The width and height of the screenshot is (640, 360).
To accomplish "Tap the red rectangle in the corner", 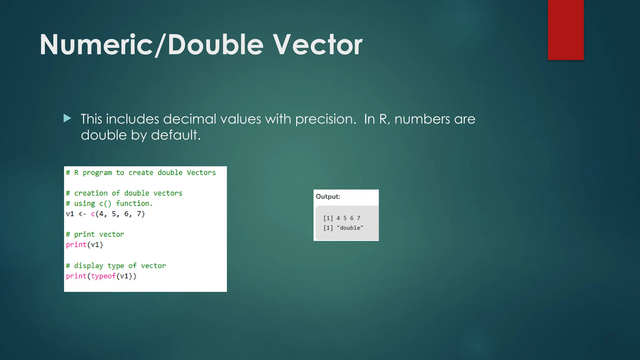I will (x=566, y=30).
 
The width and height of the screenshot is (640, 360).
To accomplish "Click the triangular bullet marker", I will (x=67, y=118).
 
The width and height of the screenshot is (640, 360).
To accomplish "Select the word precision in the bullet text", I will (x=325, y=119).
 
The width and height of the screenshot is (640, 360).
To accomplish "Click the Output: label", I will (x=328, y=197).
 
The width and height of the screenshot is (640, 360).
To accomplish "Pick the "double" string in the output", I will (x=350, y=228).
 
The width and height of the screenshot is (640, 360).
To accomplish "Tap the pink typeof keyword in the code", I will (x=103, y=276).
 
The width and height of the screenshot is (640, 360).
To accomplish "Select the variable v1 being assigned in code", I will (x=70, y=214).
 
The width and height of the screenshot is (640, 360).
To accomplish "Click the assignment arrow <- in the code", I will (x=82, y=214).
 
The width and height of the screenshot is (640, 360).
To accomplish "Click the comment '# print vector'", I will (x=95, y=234).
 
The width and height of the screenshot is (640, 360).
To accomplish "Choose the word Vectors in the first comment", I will (x=201, y=172).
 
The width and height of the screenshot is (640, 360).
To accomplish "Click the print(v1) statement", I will (x=84, y=245).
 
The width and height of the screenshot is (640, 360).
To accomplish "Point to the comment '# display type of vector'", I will (x=116, y=266).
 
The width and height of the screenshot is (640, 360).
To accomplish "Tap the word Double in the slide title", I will (x=216, y=45).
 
